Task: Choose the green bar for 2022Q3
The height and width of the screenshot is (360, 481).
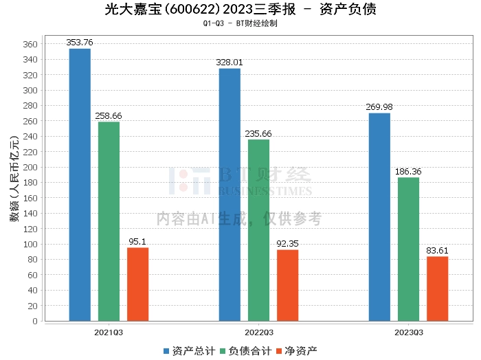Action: (x=258, y=230)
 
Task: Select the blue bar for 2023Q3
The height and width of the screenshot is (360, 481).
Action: (x=379, y=216)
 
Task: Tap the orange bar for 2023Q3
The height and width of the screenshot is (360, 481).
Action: (x=437, y=289)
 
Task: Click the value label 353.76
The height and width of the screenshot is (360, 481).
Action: (x=80, y=43)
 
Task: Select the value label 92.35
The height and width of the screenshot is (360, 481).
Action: (x=287, y=243)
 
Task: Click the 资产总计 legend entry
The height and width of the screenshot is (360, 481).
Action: (x=188, y=350)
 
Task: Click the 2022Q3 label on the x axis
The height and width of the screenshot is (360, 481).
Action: (x=258, y=332)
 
